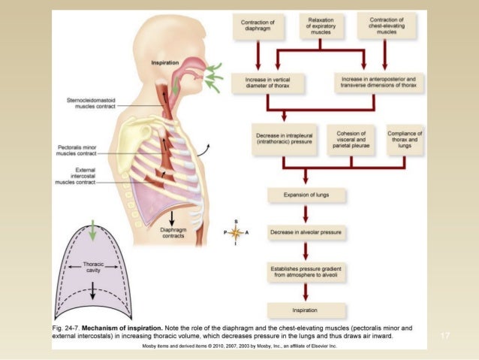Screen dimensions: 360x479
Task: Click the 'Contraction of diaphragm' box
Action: coord(257,26)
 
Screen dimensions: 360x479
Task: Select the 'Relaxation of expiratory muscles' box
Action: coord(320,26)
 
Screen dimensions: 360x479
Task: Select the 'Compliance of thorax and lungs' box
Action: coord(405,138)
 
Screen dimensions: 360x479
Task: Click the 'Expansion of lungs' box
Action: coord(306,195)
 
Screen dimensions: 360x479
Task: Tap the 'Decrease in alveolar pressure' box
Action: coord(306,232)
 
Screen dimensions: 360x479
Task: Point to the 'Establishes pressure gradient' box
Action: coord(306,271)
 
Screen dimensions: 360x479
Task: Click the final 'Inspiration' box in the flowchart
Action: coord(306,309)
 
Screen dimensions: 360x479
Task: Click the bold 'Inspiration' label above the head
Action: coord(164,62)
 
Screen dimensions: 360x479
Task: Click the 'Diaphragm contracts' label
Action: coord(173,232)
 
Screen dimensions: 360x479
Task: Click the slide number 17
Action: coord(444,335)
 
